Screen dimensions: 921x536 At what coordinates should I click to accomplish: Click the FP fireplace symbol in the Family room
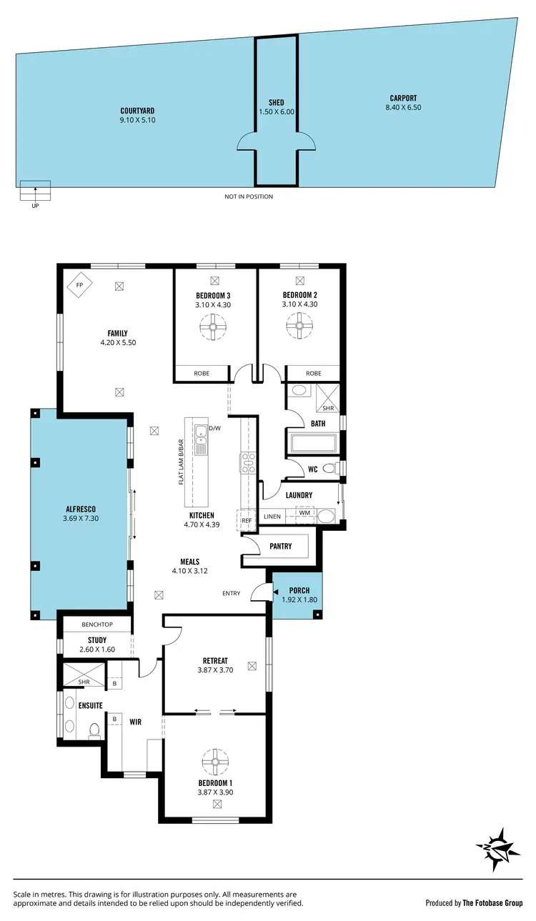point(79,285)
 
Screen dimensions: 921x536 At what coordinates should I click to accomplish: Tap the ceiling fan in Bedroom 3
point(213,328)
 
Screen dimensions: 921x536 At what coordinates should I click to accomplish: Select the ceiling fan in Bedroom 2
point(299,328)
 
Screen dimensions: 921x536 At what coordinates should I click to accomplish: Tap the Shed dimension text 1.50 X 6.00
point(277,112)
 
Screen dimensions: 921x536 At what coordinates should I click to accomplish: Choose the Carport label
point(403,99)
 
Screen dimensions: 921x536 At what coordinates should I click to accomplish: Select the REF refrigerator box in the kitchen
point(247,521)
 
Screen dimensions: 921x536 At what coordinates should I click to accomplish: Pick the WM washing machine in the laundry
point(304,513)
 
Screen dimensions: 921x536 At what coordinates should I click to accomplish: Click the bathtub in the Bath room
point(312,443)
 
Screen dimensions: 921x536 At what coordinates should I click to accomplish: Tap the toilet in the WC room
point(329,469)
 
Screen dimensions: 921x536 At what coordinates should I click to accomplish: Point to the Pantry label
point(281,547)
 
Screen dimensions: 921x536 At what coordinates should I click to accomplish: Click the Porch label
point(299,591)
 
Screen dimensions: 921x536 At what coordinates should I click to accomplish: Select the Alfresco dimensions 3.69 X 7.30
point(80,518)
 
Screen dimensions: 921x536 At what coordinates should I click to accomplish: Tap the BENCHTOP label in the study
point(98,624)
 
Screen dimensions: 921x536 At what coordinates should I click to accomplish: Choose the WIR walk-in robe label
point(135,722)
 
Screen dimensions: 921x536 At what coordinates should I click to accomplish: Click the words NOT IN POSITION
point(249,196)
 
